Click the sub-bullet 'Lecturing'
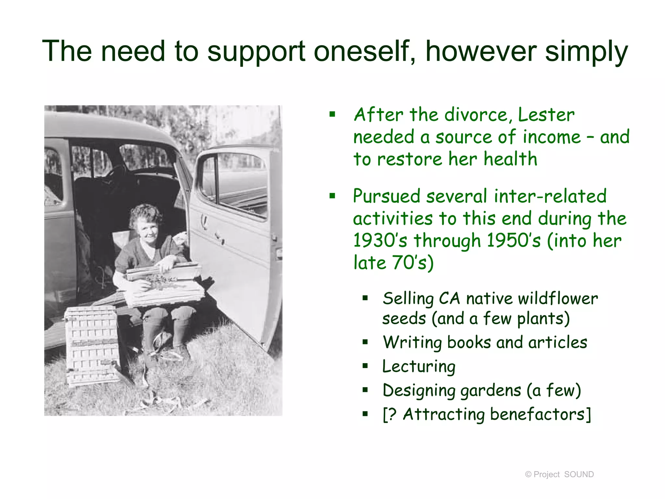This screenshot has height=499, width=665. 419,366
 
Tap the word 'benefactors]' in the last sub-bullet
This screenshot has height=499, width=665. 541,414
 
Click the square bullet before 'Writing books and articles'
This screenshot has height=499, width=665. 365,342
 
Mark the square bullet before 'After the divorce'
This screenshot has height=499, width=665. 332,114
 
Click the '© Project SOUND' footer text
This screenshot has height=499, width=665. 559,474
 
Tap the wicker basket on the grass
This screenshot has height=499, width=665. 93,346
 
